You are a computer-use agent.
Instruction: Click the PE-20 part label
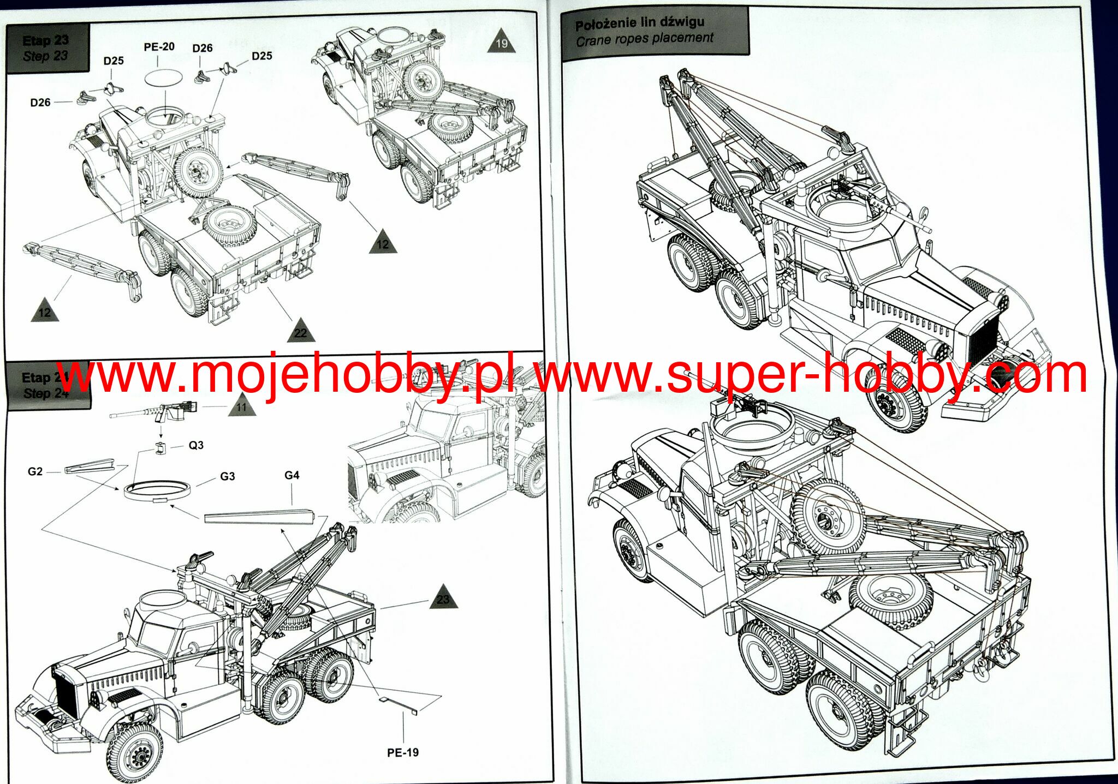(159, 47)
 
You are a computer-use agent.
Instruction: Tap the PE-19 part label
(403, 752)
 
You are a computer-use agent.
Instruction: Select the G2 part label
(35, 471)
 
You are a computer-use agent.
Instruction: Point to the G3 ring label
(228, 476)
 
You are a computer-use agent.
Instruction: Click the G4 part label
(292, 475)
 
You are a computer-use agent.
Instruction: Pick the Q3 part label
(196, 445)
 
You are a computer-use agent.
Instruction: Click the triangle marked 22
(300, 332)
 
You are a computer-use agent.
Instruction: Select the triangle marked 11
(241, 406)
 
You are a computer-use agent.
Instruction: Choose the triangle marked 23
(443, 599)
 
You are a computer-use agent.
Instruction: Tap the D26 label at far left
(40, 103)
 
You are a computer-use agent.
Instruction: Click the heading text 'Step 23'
(45, 56)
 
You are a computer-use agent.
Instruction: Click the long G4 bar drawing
(259, 516)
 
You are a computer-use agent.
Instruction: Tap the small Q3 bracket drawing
(159, 449)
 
